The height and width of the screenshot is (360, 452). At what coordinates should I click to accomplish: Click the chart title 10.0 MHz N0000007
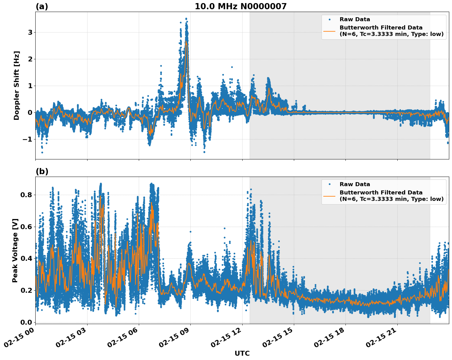240,6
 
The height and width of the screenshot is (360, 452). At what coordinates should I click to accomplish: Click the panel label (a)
42,6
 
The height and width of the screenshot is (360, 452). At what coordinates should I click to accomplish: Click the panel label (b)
42,171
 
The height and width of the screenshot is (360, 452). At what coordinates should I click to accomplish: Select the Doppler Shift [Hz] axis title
17,85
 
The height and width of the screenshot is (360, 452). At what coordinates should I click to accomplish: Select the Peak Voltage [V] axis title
15,250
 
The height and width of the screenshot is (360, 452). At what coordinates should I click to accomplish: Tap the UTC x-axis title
242,353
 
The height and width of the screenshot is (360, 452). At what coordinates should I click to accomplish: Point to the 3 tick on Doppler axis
30,33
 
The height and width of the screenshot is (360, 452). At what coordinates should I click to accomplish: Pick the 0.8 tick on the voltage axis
26,195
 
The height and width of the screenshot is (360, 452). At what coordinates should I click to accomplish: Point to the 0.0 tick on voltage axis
26,322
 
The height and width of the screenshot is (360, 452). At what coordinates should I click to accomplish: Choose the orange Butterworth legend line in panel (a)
329,31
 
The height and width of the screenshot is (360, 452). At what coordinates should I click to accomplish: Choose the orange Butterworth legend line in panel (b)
329,196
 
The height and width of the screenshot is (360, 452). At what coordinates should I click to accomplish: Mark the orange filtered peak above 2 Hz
186,42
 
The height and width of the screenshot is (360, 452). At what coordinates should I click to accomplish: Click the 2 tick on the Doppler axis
30,59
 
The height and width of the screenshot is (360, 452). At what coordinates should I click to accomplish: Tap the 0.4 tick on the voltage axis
26,258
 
